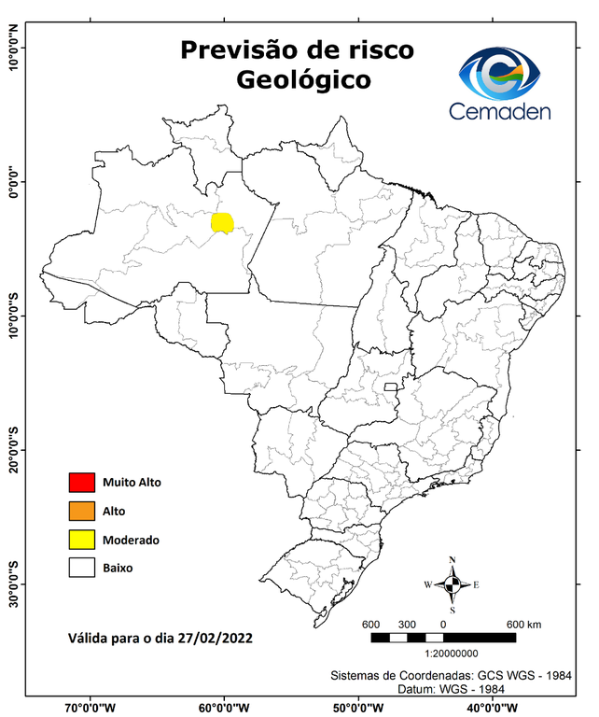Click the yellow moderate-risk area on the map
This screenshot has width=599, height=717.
(x=222, y=222)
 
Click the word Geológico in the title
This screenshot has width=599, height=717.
(x=303, y=81)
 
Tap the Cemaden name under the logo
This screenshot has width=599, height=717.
(x=500, y=111)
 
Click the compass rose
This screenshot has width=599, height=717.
(x=452, y=584)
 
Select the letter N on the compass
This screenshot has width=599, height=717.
(x=453, y=560)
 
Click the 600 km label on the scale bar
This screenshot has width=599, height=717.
(x=524, y=625)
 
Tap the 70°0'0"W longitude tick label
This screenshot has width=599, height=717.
(x=90, y=708)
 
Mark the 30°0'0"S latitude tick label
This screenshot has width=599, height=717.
(x=14, y=584)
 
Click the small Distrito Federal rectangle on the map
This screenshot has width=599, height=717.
(x=390, y=386)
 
